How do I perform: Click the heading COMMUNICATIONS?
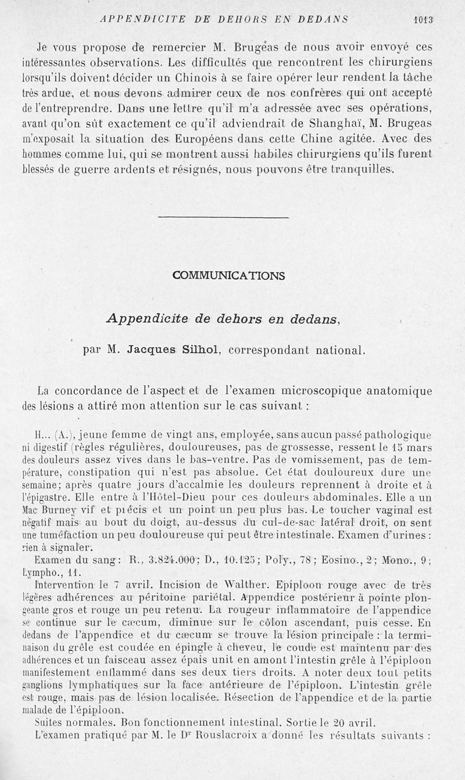point(229,276)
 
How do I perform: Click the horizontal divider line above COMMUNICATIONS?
point(223,218)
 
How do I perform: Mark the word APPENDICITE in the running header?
point(133,19)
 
